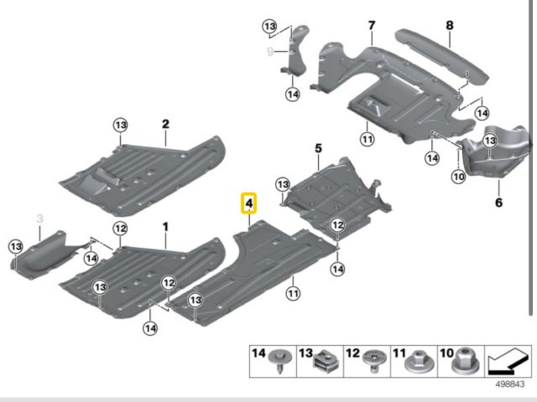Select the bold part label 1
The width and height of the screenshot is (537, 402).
[165, 227]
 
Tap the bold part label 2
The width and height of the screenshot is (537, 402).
[165, 125]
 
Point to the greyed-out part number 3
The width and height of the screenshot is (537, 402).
[39, 219]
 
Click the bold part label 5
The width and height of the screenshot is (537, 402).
[318, 148]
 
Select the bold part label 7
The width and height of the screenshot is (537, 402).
[371, 26]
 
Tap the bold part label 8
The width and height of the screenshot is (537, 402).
[449, 25]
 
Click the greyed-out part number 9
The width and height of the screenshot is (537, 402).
[270, 52]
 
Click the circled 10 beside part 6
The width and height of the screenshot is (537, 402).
[457, 177]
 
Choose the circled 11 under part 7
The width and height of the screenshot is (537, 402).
[367, 138]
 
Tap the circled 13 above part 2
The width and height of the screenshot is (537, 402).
[120, 125]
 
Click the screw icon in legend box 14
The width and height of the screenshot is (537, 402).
[279, 363]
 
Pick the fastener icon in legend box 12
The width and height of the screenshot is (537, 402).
[372, 363]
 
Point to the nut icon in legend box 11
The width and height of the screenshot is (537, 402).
[415, 363]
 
